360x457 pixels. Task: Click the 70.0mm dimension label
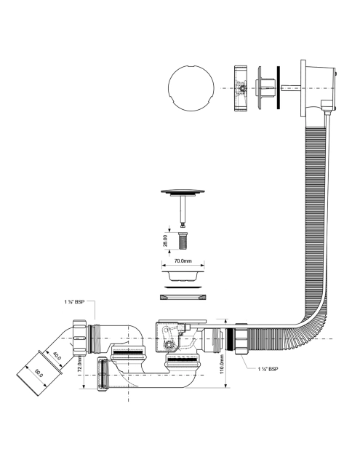coord(183,261)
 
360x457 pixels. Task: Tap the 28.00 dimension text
coord(165,241)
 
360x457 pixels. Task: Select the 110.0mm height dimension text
coord(221,364)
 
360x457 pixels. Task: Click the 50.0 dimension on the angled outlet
coord(39,373)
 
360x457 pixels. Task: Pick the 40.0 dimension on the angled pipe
coord(57,356)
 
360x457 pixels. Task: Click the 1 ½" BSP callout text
coord(74,302)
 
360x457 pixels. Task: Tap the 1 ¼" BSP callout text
coord(268,369)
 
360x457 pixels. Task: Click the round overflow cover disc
coord(191,88)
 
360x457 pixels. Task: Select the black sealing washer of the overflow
coord(279,88)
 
